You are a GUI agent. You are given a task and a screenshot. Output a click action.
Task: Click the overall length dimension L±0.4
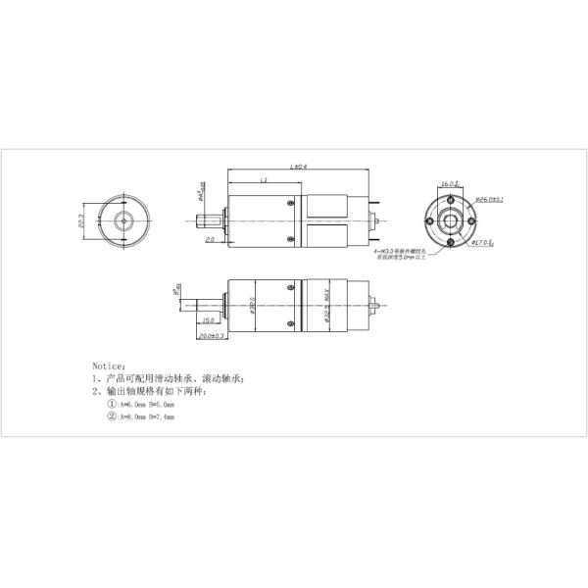click(x=299, y=168)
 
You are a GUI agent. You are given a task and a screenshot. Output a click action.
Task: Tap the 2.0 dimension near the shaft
click(x=210, y=239)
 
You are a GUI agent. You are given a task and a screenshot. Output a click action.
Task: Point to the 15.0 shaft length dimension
click(x=208, y=320)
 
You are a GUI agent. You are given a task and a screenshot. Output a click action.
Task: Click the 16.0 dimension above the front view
click(x=447, y=183)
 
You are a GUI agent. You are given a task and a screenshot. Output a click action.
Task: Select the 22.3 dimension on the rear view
click(x=82, y=222)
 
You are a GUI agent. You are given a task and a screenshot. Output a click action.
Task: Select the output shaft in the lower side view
click(x=202, y=304)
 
